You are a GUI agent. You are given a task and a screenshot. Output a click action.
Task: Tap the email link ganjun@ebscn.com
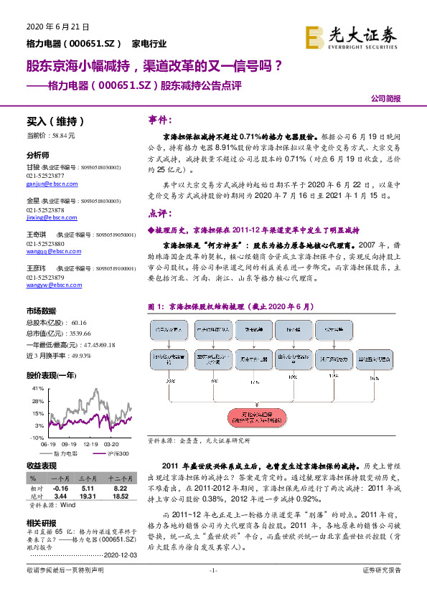[47, 183]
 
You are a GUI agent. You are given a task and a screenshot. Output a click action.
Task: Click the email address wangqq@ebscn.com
[49, 250]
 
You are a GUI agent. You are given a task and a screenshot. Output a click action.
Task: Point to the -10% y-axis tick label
[37, 437]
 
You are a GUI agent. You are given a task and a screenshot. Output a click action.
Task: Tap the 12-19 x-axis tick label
[90, 444]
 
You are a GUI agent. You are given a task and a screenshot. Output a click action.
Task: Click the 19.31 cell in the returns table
[88, 496]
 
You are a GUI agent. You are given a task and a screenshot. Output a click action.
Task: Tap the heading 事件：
[159, 118]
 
